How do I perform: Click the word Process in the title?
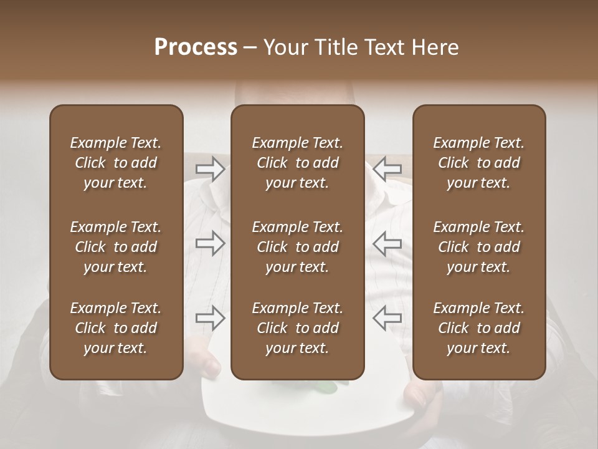[196, 47]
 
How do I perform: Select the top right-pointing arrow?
[210, 169]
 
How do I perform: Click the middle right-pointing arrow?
[210, 243]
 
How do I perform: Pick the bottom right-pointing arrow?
[210, 318]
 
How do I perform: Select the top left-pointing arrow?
[387, 169]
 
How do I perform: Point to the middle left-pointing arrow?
[387, 243]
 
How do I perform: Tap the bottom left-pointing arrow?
[387, 318]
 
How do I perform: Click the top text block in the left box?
[116, 163]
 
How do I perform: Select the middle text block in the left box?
[116, 247]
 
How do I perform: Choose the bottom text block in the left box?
[116, 328]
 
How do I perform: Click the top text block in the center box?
[297, 163]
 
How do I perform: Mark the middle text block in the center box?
[297, 247]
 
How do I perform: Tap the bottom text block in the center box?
[297, 328]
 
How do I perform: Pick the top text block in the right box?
[478, 163]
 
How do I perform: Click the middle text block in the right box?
[478, 247]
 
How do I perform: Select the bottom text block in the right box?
[478, 328]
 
